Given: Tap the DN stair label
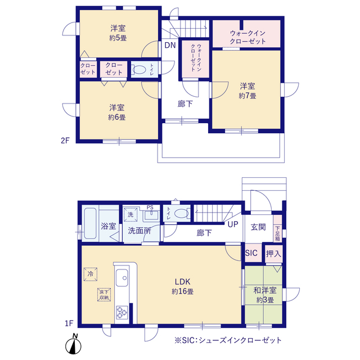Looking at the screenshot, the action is tap(170, 45).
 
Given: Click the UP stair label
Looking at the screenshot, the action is tap(233, 224).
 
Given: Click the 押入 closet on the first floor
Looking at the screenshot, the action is tap(274, 254).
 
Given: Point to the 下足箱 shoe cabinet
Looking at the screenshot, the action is tap(277, 228).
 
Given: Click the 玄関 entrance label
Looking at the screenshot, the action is tap(258, 227).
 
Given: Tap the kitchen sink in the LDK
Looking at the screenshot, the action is tap(122, 278).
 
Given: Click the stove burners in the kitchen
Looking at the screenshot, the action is tap(122, 312).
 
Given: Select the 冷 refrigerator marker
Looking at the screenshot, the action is tap(91, 274).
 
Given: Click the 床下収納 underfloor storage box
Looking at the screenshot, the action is tap(104, 295).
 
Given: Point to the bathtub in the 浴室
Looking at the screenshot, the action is tap(90, 223).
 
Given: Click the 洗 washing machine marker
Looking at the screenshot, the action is tap(130, 215).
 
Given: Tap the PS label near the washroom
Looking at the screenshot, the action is tap(150, 208).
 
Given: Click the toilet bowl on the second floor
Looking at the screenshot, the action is tap(139, 69).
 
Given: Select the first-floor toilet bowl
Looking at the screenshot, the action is tap(181, 213).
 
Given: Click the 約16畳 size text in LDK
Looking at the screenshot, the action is tap(182, 291).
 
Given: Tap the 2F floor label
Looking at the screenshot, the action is tap(65, 140).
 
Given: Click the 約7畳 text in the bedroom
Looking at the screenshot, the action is tap(247, 96).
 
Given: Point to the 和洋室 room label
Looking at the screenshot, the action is tap(265, 290).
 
